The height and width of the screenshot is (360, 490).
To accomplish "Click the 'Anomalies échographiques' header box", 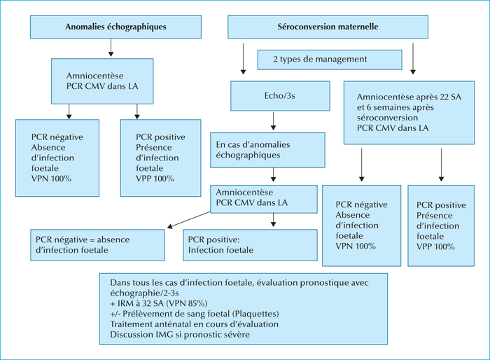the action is click(x=115, y=27).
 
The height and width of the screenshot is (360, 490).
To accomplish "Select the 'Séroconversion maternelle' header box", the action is click(x=328, y=27).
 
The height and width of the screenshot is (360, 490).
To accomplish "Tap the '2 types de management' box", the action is click(x=330, y=60).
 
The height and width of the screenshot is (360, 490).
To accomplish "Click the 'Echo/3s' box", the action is click(x=280, y=96).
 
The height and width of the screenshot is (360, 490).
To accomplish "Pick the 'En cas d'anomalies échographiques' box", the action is click(x=267, y=150).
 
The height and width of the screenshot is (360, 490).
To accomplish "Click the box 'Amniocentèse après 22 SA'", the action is click(x=409, y=113).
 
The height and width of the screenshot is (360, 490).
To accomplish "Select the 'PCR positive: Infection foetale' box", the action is click(x=251, y=245).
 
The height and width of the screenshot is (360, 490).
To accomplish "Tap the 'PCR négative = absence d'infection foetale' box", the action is click(x=97, y=245).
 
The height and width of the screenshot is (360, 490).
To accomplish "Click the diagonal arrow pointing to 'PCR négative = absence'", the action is click(x=189, y=219).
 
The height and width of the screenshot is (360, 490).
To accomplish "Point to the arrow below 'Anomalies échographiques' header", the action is click(x=111, y=48).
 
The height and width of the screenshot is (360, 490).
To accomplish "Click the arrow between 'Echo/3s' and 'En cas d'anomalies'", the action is click(x=274, y=121).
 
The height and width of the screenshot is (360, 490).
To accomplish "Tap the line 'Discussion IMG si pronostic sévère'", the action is click(x=180, y=335).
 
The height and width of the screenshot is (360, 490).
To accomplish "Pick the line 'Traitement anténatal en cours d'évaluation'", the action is click(x=194, y=324).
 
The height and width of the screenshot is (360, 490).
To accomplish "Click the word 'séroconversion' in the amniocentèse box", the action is click(x=387, y=118).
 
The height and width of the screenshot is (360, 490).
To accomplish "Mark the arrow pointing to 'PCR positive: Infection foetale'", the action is click(x=274, y=220).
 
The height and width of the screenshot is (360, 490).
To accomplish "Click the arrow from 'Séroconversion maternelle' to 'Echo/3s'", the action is click(x=243, y=59).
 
